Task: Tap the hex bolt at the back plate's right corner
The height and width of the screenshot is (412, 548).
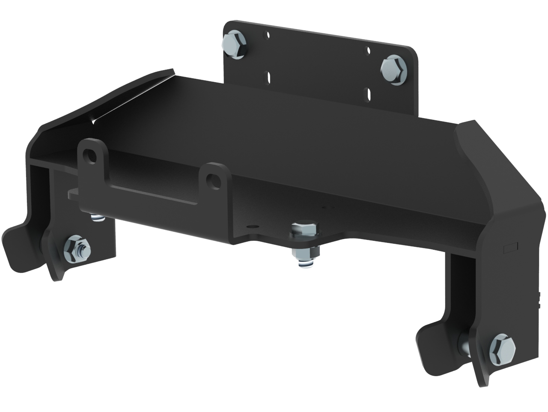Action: (x=393, y=68)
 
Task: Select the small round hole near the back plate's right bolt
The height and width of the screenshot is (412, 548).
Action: (x=368, y=51)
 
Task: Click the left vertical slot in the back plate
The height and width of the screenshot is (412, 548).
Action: (x=268, y=78)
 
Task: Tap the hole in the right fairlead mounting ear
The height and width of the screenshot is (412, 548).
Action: (x=211, y=181)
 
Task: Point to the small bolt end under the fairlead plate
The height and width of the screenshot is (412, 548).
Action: (x=98, y=218)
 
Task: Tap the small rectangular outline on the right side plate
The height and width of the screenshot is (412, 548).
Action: (x=511, y=247)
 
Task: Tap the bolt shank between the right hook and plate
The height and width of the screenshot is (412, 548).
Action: (x=464, y=345)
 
